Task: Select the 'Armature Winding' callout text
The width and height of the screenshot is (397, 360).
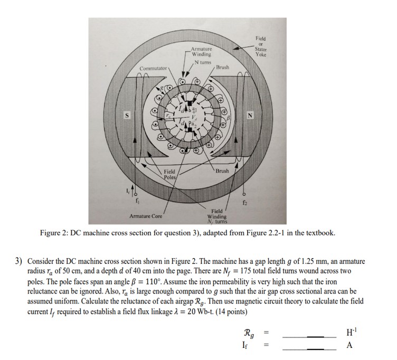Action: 201,52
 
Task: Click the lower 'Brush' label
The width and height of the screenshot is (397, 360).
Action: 222,172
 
